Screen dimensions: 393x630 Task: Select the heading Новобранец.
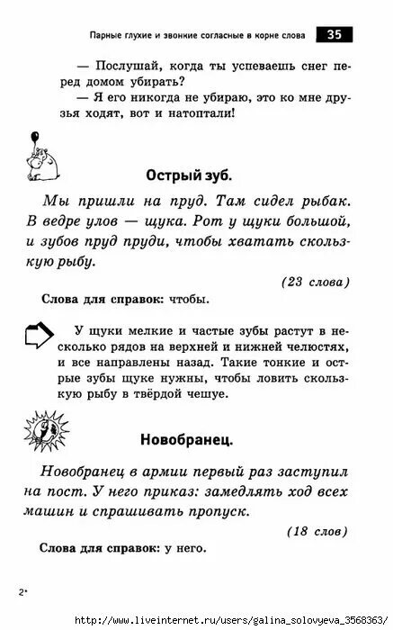tap(186, 440)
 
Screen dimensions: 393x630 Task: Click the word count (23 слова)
tap(315, 281)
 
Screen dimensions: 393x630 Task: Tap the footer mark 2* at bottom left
tap(22, 591)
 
